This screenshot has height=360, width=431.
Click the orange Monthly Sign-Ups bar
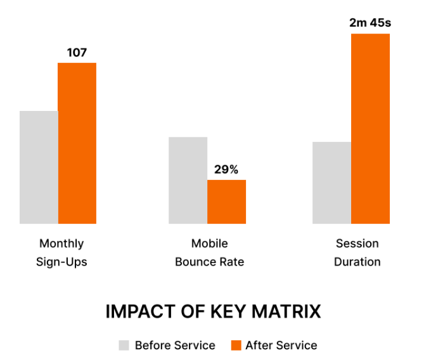tap(77, 143)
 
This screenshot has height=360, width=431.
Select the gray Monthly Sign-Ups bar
tap(39, 167)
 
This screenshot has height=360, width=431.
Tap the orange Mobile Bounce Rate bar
tap(226, 202)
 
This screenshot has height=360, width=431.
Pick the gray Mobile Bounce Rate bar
tap(188, 180)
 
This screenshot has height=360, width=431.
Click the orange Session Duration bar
tap(370, 129)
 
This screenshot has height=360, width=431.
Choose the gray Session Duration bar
tap(331, 183)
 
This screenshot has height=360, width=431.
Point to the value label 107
tap(77, 53)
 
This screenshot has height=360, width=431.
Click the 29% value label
tap(226, 169)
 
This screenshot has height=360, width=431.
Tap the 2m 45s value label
tap(370, 23)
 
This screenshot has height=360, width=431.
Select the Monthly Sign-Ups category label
tap(61, 252)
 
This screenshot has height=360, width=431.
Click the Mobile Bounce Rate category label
tap(209, 252)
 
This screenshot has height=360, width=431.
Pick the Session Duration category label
tap(357, 252)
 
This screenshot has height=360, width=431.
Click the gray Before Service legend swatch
tap(124, 345)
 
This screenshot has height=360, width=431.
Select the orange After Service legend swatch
tap(236, 345)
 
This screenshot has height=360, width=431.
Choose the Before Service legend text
tap(175, 345)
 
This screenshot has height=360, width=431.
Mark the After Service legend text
tap(281, 345)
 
